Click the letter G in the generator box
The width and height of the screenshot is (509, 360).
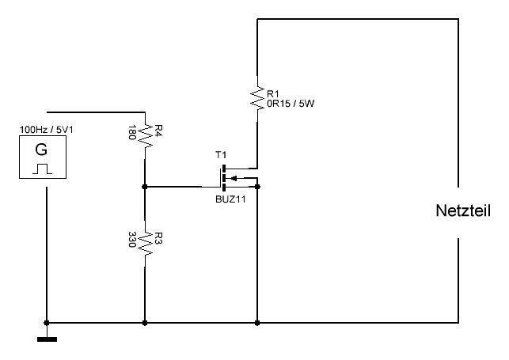[41, 150]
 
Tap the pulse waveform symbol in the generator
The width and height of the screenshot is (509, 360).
[42, 169]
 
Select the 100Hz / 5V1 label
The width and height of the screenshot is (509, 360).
[47, 130]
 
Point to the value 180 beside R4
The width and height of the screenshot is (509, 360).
[131, 132]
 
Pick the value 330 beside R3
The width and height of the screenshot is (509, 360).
[131, 240]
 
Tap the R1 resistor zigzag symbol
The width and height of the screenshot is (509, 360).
[257, 97]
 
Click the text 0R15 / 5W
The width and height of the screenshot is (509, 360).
[291, 104]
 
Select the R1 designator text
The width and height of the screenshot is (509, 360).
[272, 93]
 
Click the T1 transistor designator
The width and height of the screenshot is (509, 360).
[221, 155]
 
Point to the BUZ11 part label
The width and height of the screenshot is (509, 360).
[230, 199]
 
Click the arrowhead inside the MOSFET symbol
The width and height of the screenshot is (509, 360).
[234, 178]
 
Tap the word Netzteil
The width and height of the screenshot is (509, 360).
[463, 210]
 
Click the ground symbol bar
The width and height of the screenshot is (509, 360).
[47, 339]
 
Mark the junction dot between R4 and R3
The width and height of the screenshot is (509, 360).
[145, 187]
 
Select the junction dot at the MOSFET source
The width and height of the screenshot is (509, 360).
[257, 187]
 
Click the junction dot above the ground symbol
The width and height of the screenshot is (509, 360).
[47, 323]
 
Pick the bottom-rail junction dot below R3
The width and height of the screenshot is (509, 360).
[145, 323]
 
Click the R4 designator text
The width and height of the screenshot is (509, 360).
[158, 131]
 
